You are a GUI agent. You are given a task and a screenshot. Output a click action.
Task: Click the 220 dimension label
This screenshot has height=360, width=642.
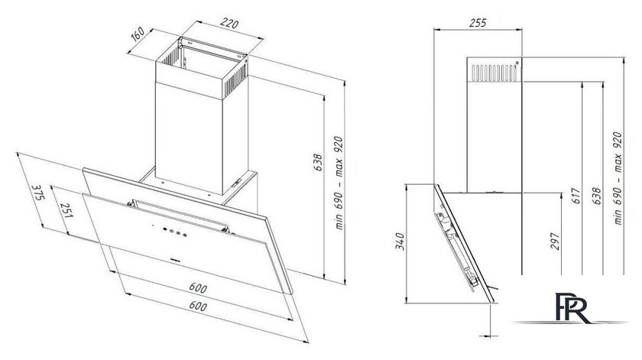point(229,24)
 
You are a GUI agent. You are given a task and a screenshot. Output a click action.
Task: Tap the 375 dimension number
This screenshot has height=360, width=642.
point(37,193)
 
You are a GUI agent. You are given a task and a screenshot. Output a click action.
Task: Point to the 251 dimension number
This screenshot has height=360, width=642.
point(66,210)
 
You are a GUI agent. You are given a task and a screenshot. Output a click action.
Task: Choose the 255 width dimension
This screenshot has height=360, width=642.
point(478,23)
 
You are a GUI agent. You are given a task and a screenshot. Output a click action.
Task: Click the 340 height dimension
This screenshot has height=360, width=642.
point(400,242)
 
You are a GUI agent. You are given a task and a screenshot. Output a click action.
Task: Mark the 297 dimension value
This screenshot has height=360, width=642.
point(554,242)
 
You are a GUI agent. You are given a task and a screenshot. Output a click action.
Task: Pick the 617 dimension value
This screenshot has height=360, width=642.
point(576,196)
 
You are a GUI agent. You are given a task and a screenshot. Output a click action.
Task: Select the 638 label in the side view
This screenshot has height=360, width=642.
point(597,196)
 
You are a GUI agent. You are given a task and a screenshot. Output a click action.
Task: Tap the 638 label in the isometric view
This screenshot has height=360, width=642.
point(318,163)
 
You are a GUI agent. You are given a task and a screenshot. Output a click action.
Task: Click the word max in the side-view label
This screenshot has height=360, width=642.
point(618,160)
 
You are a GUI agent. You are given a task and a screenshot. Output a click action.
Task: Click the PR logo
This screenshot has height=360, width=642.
point(572,308)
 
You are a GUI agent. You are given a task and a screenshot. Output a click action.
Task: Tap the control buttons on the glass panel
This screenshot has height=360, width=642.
point(174,232)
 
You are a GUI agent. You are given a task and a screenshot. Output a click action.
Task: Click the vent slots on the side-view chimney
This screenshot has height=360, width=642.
point(494,73)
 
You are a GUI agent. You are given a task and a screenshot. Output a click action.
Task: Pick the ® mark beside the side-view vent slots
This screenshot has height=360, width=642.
point(517,63)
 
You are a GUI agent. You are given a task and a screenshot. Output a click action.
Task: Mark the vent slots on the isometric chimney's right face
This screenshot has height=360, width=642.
point(235,79)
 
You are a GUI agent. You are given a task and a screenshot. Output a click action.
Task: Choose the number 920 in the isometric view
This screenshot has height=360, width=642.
point(339,145)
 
